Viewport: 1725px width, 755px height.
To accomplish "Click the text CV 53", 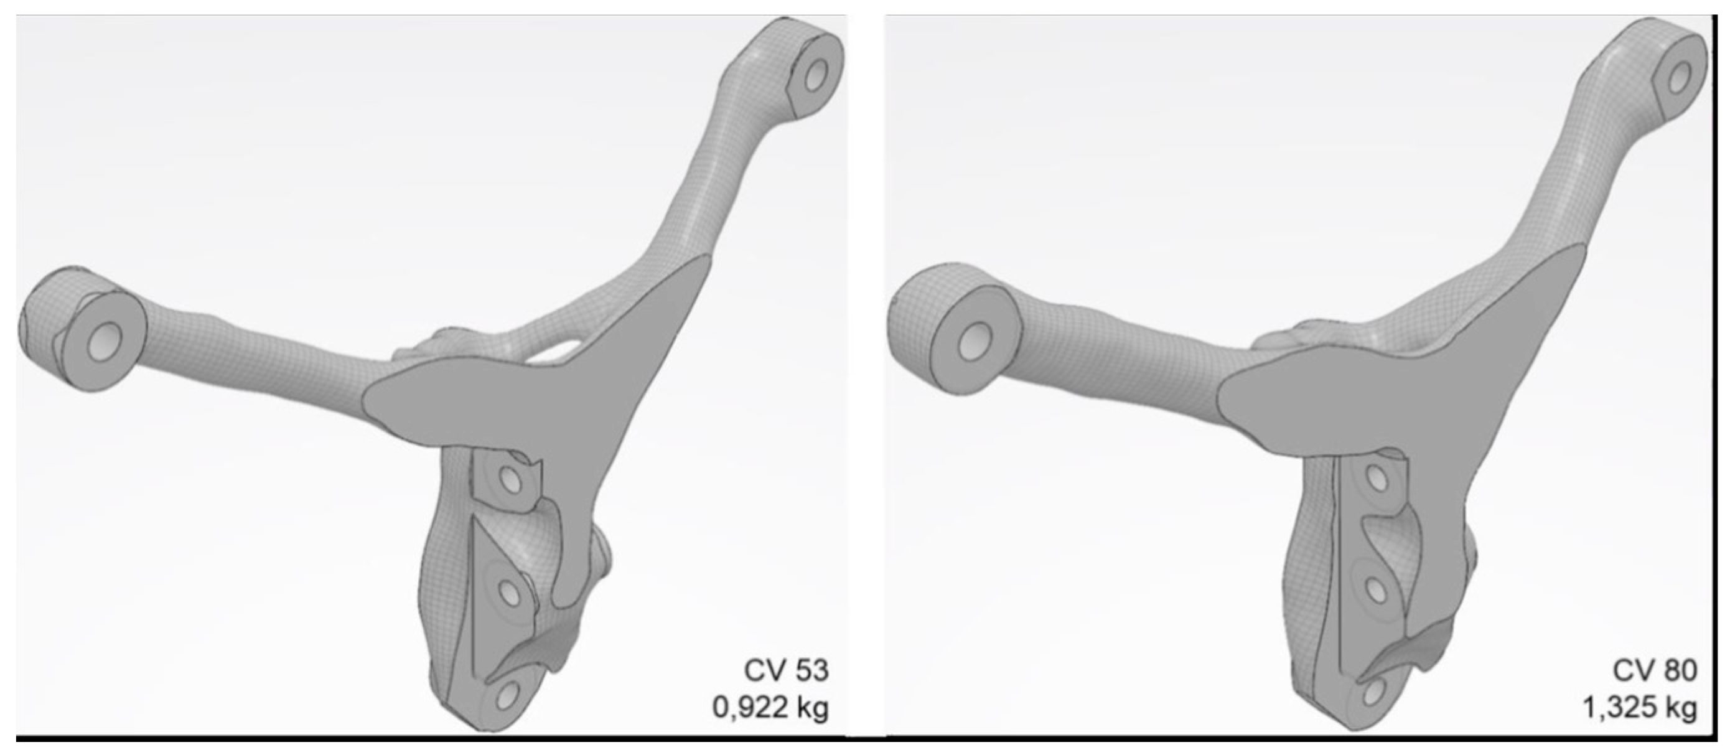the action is point(786,670).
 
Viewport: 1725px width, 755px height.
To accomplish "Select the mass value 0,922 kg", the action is point(770,708).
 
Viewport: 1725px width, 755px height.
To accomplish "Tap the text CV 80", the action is point(1655,670).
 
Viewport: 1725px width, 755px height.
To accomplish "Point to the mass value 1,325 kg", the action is point(1640,708).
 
